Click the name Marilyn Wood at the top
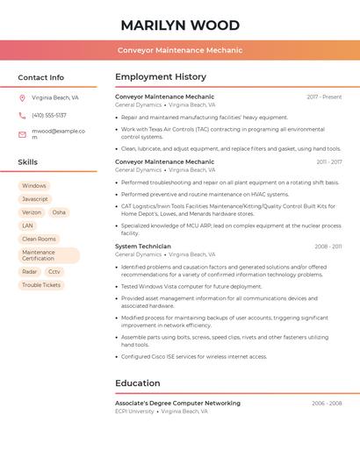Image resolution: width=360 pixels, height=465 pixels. [x=180, y=25]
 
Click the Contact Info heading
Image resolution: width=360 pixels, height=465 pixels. [x=41, y=77]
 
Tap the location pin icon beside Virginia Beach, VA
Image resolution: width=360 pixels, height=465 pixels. [x=22, y=98]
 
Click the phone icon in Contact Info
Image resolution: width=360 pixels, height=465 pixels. [x=22, y=115]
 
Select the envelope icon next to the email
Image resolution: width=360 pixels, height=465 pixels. [x=22, y=134]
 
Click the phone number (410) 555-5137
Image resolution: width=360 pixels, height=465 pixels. [x=49, y=115]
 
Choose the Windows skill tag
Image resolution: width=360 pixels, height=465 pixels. [x=34, y=186]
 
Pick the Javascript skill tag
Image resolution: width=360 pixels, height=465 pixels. [x=35, y=199]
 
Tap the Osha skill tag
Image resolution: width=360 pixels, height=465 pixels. [x=59, y=212]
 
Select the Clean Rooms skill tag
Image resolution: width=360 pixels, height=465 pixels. [x=39, y=239]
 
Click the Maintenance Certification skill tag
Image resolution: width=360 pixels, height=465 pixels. [x=48, y=255]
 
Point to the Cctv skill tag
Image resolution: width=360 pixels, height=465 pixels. [x=54, y=272]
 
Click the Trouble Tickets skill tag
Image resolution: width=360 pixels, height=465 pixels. [x=41, y=285]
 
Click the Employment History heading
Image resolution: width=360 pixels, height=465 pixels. [x=161, y=77]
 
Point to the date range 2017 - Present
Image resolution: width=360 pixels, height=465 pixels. [x=324, y=97]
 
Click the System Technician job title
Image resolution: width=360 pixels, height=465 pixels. [x=143, y=247]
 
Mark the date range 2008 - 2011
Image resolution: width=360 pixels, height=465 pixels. [x=328, y=247]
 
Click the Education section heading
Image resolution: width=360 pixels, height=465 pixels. [x=138, y=383]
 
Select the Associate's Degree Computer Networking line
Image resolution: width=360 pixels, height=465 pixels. [x=177, y=404]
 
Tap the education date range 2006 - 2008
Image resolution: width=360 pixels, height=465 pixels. [x=327, y=404]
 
